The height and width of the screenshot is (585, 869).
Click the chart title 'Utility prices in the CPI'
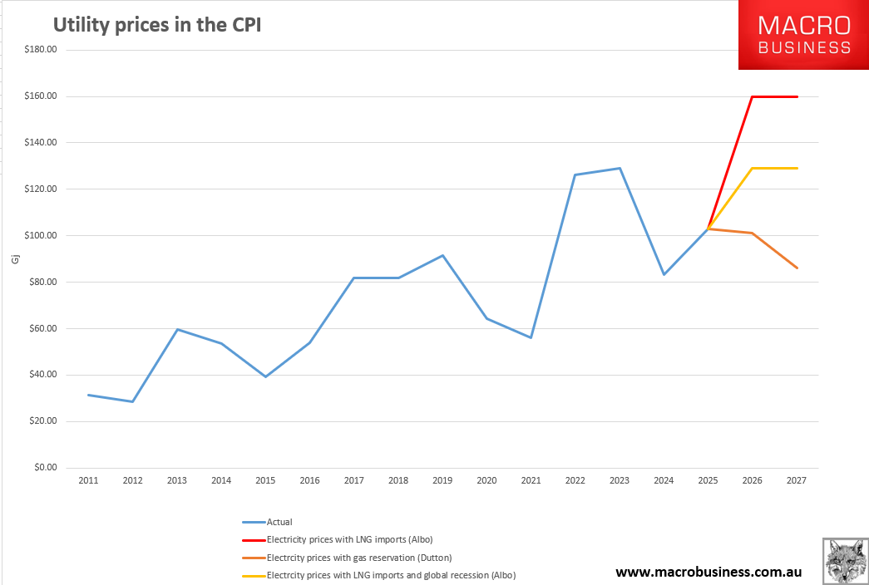[x=158, y=25]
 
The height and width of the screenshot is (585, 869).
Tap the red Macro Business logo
[x=803, y=36]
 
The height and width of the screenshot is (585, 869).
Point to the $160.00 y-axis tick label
[x=40, y=96]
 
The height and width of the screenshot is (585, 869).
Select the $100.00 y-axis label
[x=40, y=236]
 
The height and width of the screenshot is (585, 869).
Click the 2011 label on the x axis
[x=88, y=480]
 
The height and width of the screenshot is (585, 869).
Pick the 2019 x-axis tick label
[x=442, y=480]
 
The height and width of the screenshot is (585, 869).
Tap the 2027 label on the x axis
[x=797, y=480]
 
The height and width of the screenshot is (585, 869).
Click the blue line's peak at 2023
[x=620, y=169]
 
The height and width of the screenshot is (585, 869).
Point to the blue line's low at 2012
[x=132, y=401]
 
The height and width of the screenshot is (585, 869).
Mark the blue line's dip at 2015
[x=265, y=376]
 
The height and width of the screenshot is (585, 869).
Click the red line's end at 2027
[x=797, y=96]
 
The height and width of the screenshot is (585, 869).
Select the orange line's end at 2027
[x=797, y=268]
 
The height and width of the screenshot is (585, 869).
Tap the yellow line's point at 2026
[x=753, y=169]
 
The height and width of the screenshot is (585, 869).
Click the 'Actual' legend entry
[x=279, y=522]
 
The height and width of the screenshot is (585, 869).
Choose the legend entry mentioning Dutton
[x=358, y=558]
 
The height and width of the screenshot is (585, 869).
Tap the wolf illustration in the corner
[x=844, y=561]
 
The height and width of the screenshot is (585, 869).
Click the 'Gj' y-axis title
[x=14, y=260]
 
